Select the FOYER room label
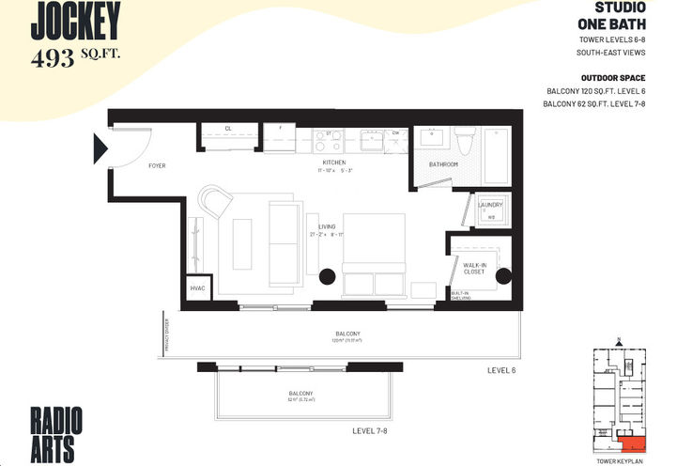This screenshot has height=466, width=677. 157,165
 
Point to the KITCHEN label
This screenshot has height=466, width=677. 334,162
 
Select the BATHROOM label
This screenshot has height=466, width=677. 443,164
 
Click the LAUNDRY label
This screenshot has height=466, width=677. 490,205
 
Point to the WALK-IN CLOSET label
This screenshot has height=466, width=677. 474,270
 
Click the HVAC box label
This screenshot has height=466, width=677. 197,288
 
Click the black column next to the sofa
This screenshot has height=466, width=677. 328,276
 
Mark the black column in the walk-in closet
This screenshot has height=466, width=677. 502,276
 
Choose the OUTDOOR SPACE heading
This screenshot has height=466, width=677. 613,78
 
